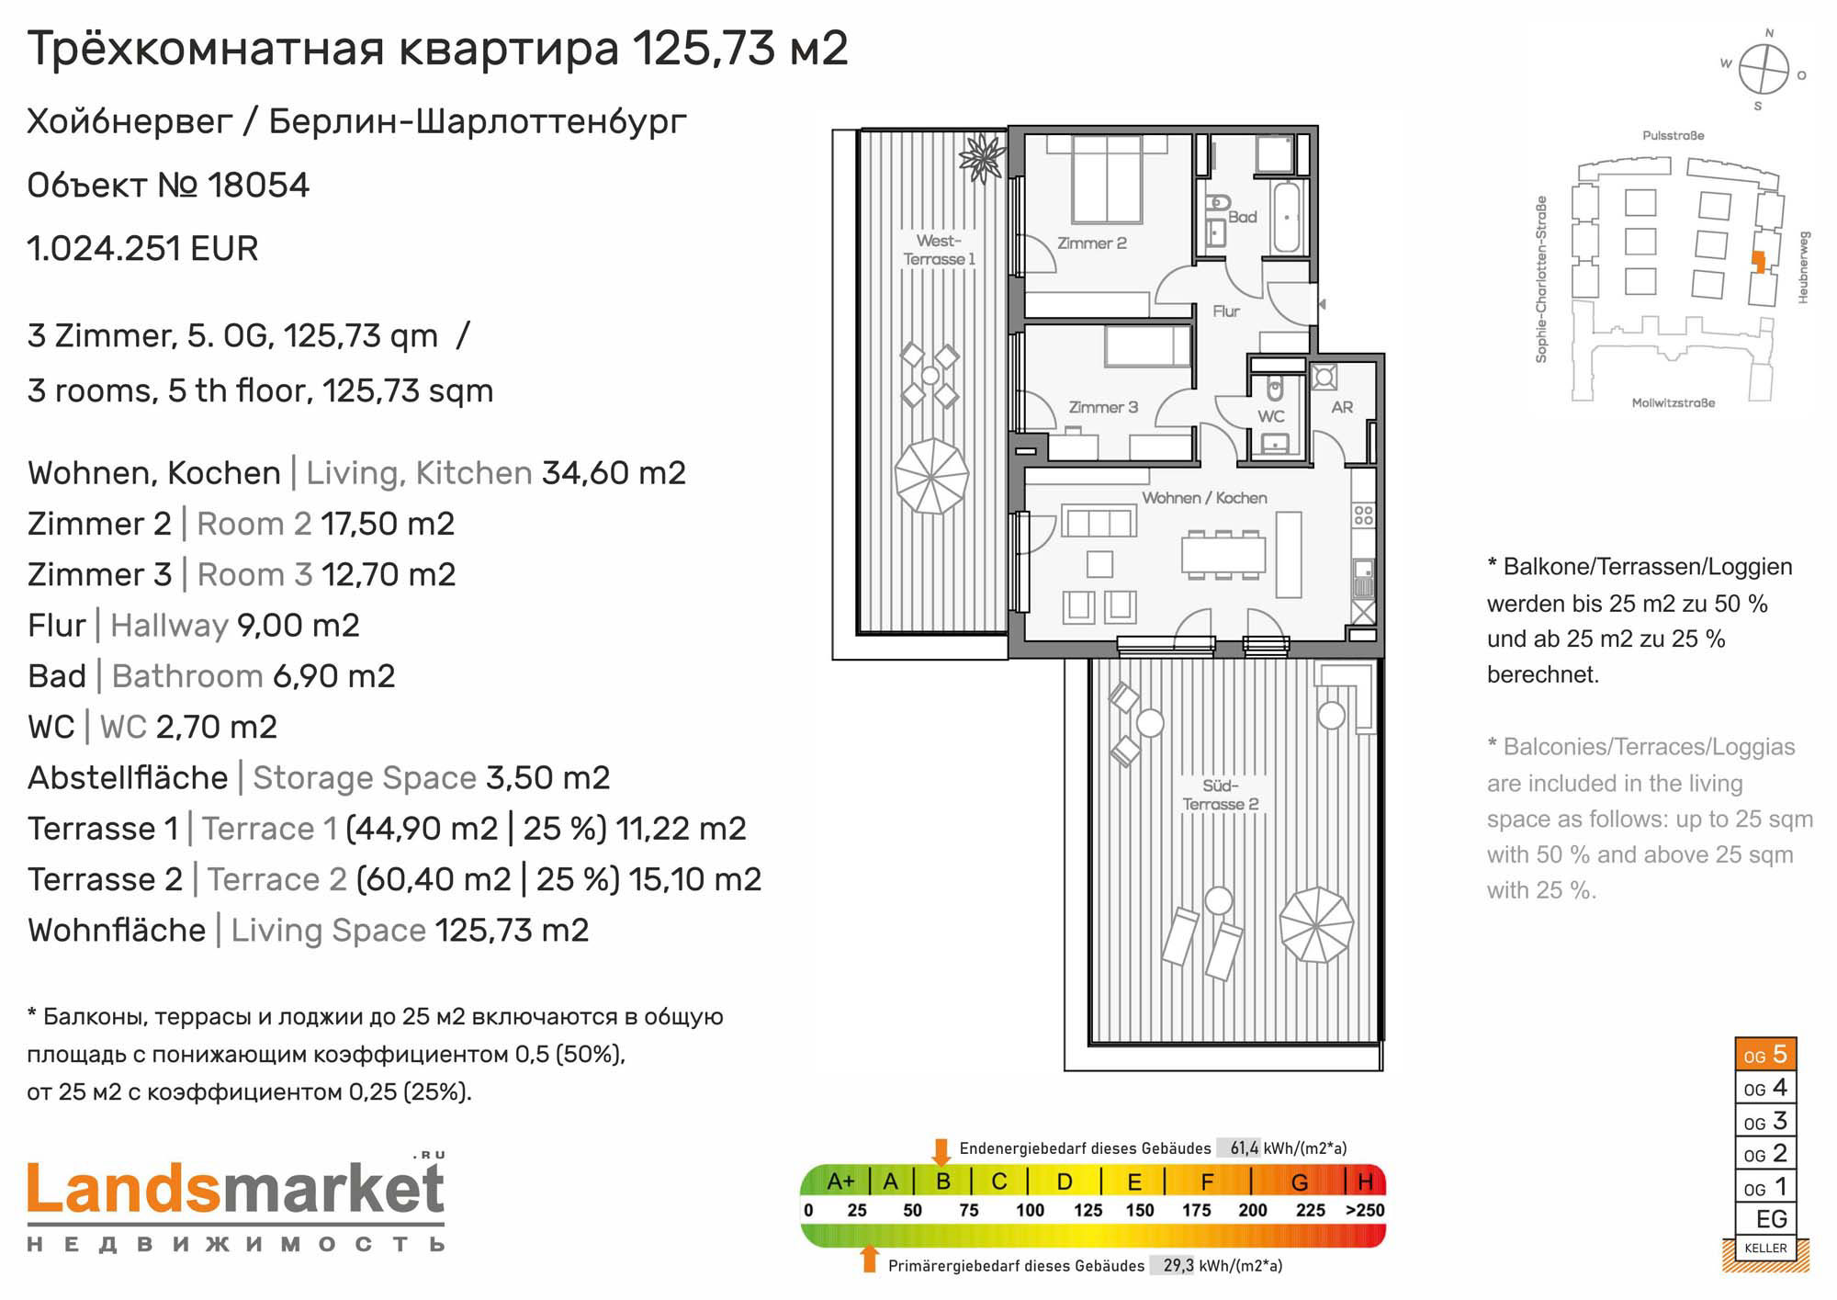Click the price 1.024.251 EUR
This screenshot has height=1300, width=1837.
click(142, 248)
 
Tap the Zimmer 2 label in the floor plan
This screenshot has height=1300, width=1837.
click(1091, 243)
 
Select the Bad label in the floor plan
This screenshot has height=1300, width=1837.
click(1242, 217)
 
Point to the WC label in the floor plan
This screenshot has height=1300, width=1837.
click(1271, 416)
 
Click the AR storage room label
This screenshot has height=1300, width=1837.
click(1342, 407)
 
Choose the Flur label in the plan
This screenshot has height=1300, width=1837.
click(1226, 311)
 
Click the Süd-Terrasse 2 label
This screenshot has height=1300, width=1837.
click(1221, 795)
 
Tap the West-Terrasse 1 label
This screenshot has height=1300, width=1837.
click(939, 250)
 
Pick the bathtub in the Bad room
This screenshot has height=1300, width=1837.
click(1286, 217)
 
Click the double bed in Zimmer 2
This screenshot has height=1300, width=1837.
click(1108, 178)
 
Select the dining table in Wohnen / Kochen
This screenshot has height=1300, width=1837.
click(1223, 555)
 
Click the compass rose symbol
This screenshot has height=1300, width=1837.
click(1764, 69)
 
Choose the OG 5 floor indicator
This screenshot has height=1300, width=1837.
click(1765, 1055)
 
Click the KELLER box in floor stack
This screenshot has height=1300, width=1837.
click(1765, 1248)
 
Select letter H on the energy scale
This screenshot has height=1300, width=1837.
click(1366, 1181)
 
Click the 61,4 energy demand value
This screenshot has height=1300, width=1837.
click(1245, 1147)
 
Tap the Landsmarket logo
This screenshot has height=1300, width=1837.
click(236, 1203)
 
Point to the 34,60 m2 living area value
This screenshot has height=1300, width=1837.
click(614, 473)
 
